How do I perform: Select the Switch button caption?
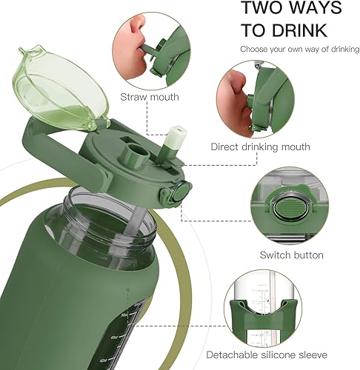(291, 255)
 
